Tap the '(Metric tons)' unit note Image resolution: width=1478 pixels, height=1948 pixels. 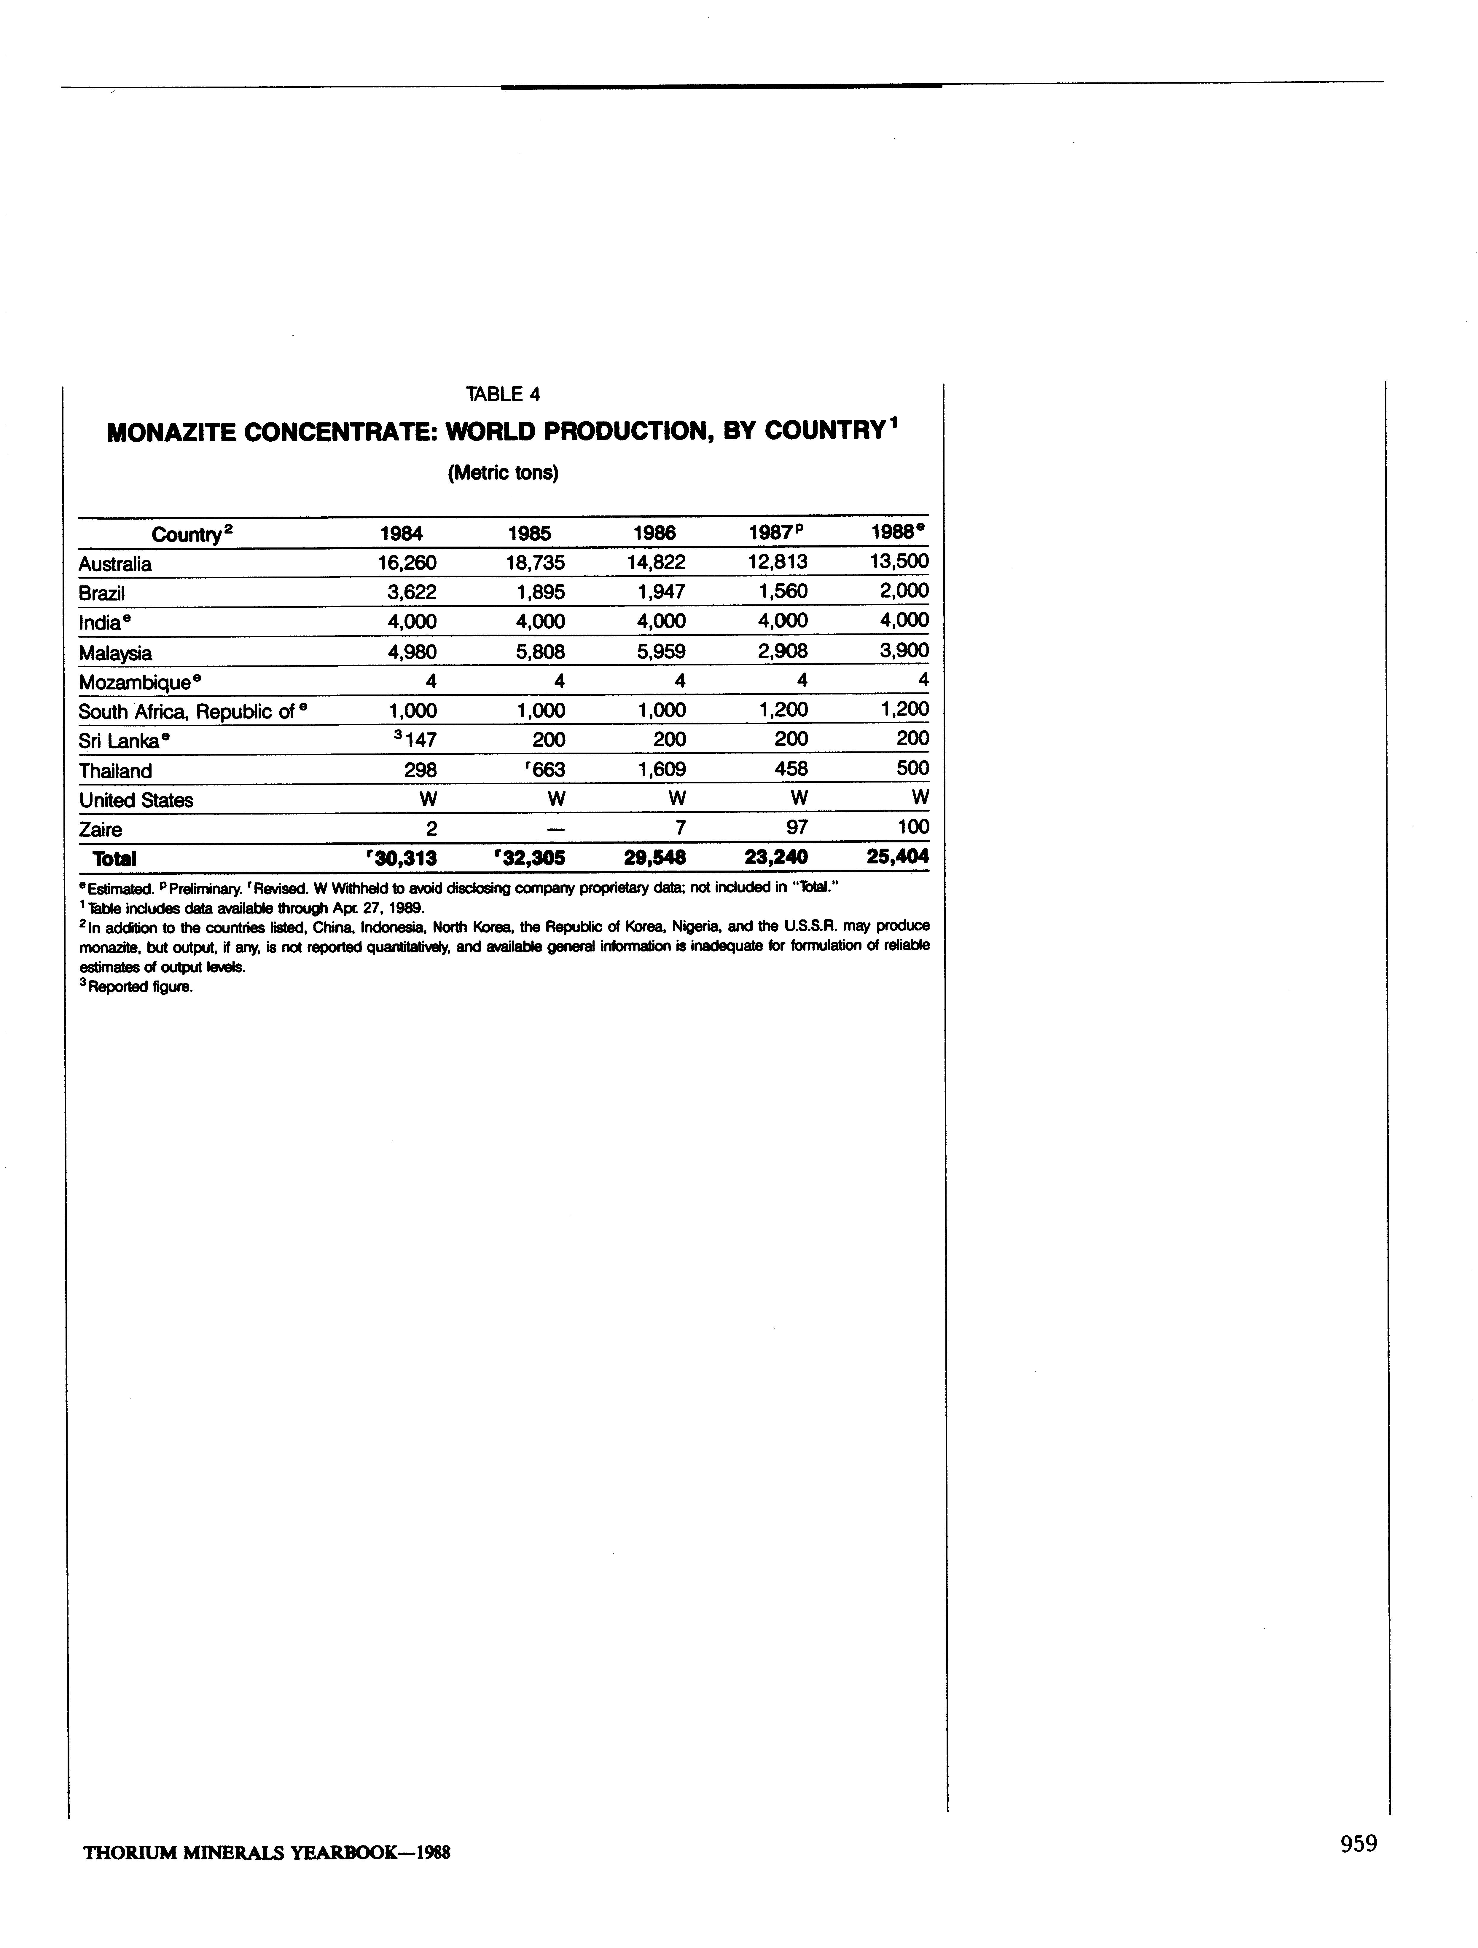(503, 473)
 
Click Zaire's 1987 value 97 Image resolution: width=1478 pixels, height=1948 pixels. (796, 829)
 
